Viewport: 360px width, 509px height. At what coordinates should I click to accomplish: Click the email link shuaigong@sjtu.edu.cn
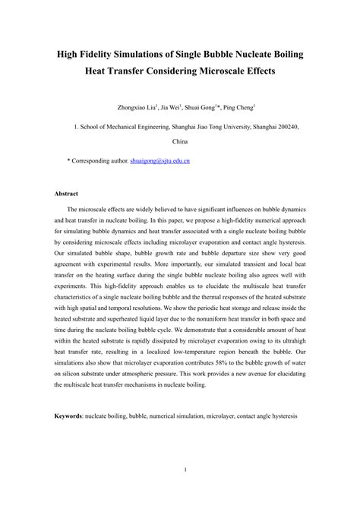click(159, 162)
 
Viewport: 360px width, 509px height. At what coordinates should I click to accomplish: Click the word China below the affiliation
click(180, 141)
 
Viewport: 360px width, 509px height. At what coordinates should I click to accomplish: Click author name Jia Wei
click(169, 108)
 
